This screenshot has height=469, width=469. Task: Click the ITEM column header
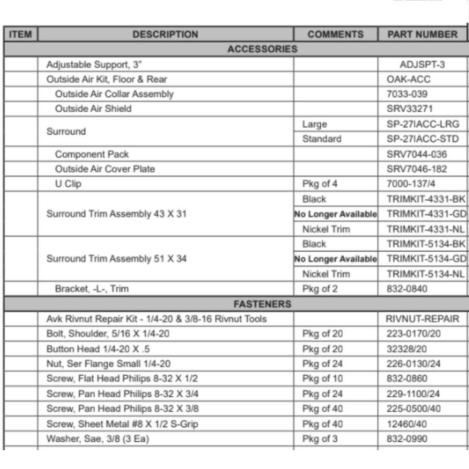[21, 34]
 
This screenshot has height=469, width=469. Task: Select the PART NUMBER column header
[422, 34]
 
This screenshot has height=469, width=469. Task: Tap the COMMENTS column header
[335, 34]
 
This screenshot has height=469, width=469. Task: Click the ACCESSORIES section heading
[262, 49]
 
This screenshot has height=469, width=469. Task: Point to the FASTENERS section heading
[262, 304]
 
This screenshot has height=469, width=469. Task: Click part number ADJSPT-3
[422, 64]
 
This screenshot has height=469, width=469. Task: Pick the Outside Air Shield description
[93, 109]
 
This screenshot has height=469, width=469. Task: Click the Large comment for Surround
[315, 124]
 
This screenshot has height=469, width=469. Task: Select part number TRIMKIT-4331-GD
[426, 214]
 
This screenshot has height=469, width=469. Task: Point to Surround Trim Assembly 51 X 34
[116, 259]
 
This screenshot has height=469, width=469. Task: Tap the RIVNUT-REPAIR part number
[422, 319]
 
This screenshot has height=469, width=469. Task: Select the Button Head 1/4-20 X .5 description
[98, 349]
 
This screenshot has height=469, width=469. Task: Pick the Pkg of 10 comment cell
[323, 379]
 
